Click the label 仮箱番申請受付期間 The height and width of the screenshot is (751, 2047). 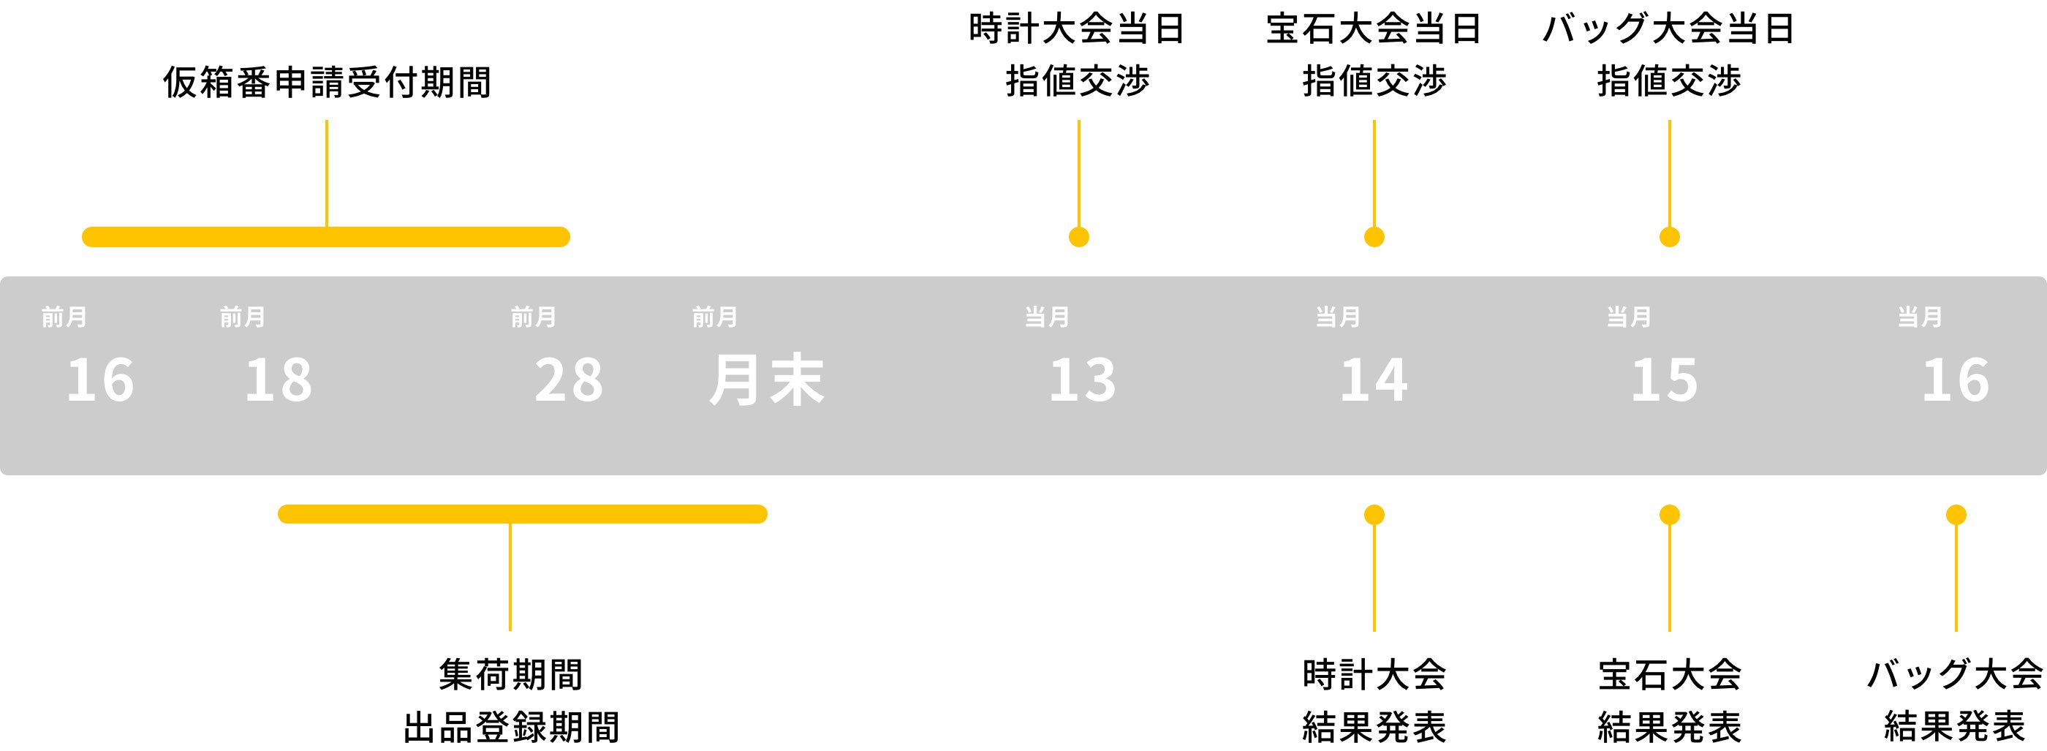pos(327,82)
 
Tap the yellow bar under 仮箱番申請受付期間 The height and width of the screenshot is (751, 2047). pos(326,237)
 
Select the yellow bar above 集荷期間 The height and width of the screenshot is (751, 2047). pos(522,514)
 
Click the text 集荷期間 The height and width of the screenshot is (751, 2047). pos(510,675)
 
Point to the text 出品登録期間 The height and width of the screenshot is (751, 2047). pos(510,726)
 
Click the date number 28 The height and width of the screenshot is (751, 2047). pos(568,380)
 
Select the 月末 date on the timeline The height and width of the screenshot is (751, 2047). pos(766,380)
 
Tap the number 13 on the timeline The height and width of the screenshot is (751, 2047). pos(1082,380)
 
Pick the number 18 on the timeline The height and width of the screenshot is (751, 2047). pos(278,380)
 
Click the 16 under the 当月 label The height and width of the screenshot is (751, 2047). pos(1955,380)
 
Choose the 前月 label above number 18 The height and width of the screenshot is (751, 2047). pos(243,317)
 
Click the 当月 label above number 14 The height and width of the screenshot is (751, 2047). pos(1337,317)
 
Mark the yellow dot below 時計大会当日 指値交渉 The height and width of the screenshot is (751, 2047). pos(1078,237)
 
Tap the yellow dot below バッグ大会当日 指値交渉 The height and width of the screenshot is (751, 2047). pos(1670,237)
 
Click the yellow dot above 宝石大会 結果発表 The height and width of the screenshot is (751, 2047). pos(1670,515)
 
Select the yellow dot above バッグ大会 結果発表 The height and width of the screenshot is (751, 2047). pos(1956,515)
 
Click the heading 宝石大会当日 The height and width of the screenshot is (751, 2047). pos(1374,29)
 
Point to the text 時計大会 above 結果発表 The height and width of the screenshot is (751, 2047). pos(1374,675)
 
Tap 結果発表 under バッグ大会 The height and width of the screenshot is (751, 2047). pos(1955,726)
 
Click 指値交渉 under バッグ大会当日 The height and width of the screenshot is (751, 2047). pos(1670,81)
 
